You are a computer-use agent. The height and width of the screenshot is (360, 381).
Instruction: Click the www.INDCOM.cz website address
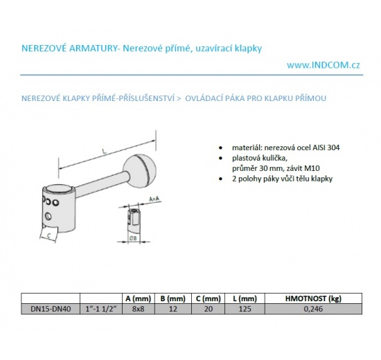pyautogui.click(x=324, y=65)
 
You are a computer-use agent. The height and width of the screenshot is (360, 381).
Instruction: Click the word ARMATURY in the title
pyautogui.click(x=93, y=48)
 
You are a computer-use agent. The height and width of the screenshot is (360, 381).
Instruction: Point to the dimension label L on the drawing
pyautogui.click(x=104, y=152)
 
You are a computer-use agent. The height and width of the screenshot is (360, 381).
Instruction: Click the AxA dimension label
pyautogui.click(x=154, y=199)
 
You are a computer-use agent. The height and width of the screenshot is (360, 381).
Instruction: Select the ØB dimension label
pyautogui.click(x=133, y=238)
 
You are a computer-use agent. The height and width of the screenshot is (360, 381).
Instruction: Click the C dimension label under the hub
pyautogui.click(x=49, y=235)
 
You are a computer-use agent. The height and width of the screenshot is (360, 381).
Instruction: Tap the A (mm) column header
pyautogui.click(x=139, y=298)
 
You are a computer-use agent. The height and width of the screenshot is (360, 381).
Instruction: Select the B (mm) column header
pyautogui.click(x=172, y=298)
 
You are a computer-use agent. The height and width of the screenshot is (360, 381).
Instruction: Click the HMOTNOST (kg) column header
pyautogui.click(x=313, y=298)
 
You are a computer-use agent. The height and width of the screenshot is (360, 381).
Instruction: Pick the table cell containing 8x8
pyautogui.click(x=139, y=309)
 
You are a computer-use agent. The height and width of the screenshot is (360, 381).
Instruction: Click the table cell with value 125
pyautogui.click(x=245, y=309)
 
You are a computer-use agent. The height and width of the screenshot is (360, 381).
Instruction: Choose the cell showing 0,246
pyautogui.click(x=313, y=309)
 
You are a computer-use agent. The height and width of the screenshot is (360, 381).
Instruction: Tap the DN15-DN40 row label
pyautogui.click(x=51, y=309)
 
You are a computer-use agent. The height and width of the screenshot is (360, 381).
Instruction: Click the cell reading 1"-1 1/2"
pyautogui.click(x=101, y=309)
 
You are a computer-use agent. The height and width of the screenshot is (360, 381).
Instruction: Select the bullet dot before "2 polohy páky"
pyautogui.click(x=220, y=179)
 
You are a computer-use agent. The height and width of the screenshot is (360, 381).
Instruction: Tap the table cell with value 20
pyautogui.click(x=209, y=309)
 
